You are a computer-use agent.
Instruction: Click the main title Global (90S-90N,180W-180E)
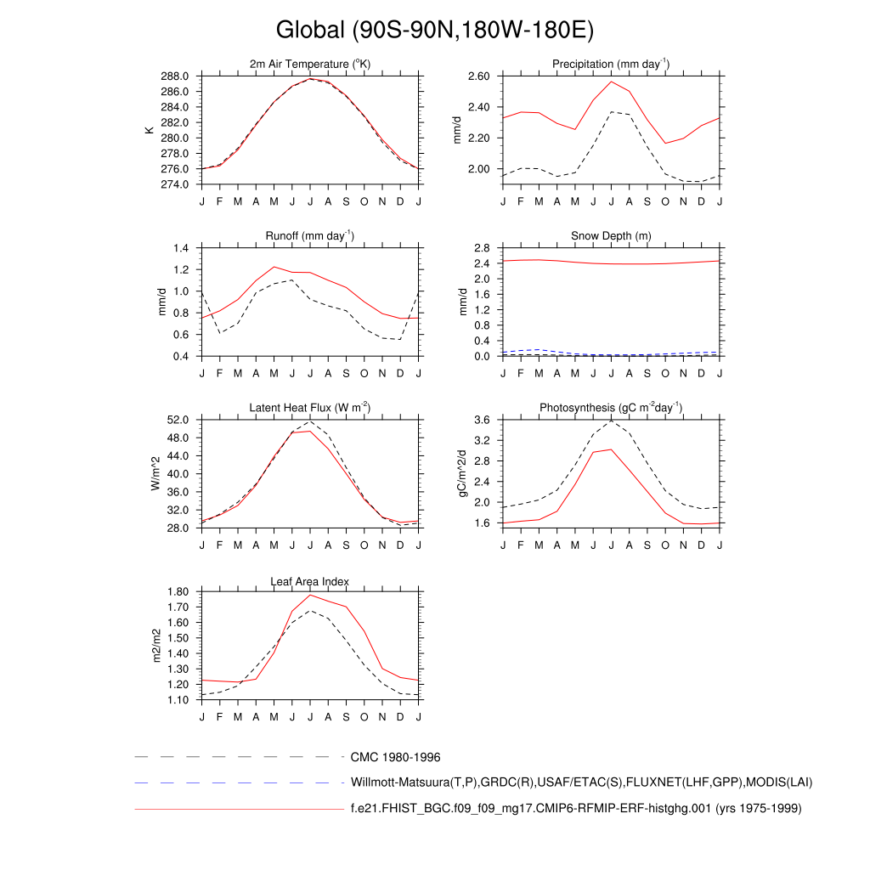tap(434, 31)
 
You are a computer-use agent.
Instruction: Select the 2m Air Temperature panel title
tap(310, 65)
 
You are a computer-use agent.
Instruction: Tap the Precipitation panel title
tap(610, 64)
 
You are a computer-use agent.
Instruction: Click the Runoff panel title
tap(310, 236)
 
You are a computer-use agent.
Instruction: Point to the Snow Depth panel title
tap(611, 236)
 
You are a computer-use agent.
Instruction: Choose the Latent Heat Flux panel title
tap(310, 408)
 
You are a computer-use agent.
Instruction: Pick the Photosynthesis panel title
tap(611, 408)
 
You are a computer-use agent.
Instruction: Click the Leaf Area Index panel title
tap(310, 581)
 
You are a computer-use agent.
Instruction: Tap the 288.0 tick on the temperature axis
tap(176, 76)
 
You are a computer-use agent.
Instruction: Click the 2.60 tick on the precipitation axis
tap(478, 76)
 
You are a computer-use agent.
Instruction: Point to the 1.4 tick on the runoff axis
tap(181, 248)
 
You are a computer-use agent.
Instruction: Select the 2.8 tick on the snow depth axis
tap(482, 248)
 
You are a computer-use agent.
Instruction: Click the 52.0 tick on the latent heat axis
tap(178, 420)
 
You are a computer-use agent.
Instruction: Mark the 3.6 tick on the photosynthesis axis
tap(482, 420)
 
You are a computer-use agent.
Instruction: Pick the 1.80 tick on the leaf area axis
tap(176, 592)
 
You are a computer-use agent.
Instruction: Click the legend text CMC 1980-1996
tap(395, 757)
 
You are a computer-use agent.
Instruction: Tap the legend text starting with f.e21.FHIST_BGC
tap(576, 809)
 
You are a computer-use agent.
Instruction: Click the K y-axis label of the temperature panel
tap(150, 130)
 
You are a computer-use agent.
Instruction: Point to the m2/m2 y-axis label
tap(155, 646)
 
